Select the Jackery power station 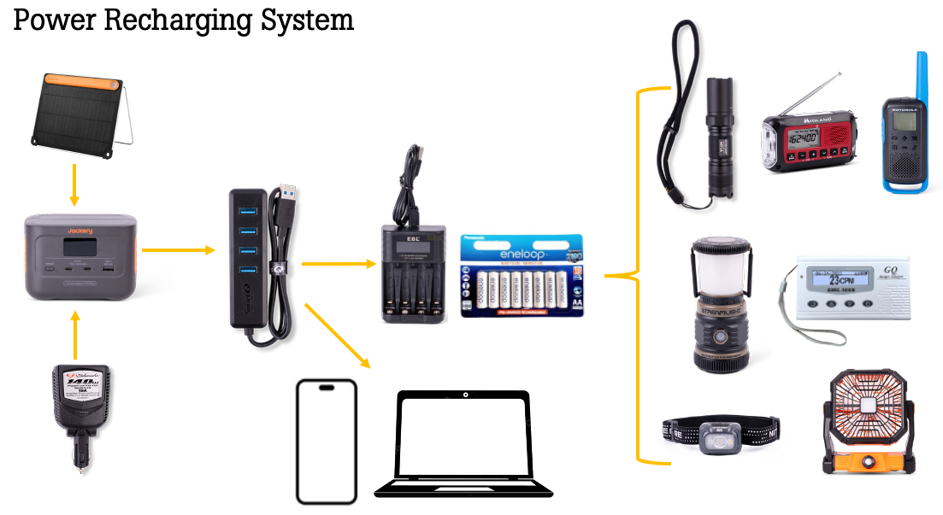tap(80, 257)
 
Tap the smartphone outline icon tap(326, 442)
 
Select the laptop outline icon tap(463, 445)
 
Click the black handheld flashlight tap(716, 137)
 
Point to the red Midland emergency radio tap(808, 137)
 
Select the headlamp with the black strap tap(722, 434)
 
